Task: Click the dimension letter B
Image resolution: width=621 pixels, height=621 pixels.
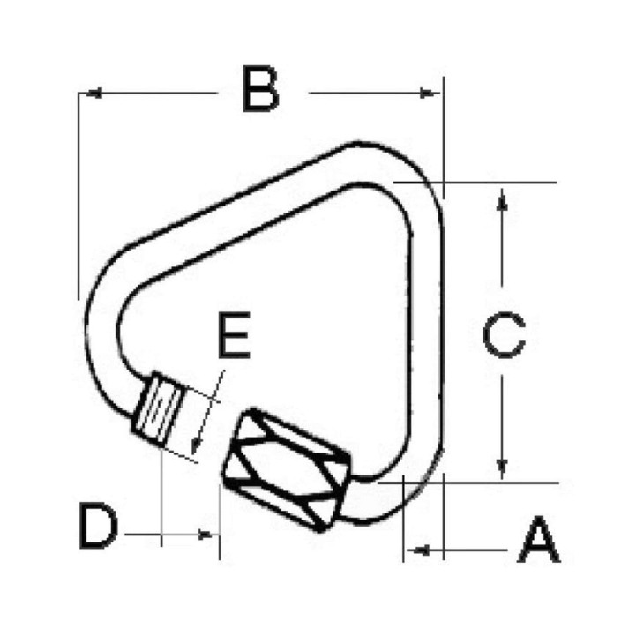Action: pos(260,89)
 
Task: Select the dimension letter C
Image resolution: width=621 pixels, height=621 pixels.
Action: pos(504,335)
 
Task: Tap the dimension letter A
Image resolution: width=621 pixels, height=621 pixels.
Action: pos(539,539)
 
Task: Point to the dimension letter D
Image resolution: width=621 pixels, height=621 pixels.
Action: pos(98,526)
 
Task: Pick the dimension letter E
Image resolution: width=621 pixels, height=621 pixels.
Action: pos(234,335)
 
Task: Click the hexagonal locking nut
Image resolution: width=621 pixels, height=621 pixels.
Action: pos(287,468)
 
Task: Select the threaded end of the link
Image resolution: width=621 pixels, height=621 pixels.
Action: pos(157,408)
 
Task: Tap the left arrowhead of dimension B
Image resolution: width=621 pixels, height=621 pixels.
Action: pos(94,94)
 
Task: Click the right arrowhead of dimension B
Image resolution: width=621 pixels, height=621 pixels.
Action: pos(428,94)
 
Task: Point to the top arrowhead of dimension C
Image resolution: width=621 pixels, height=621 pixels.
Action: pos(502,198)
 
